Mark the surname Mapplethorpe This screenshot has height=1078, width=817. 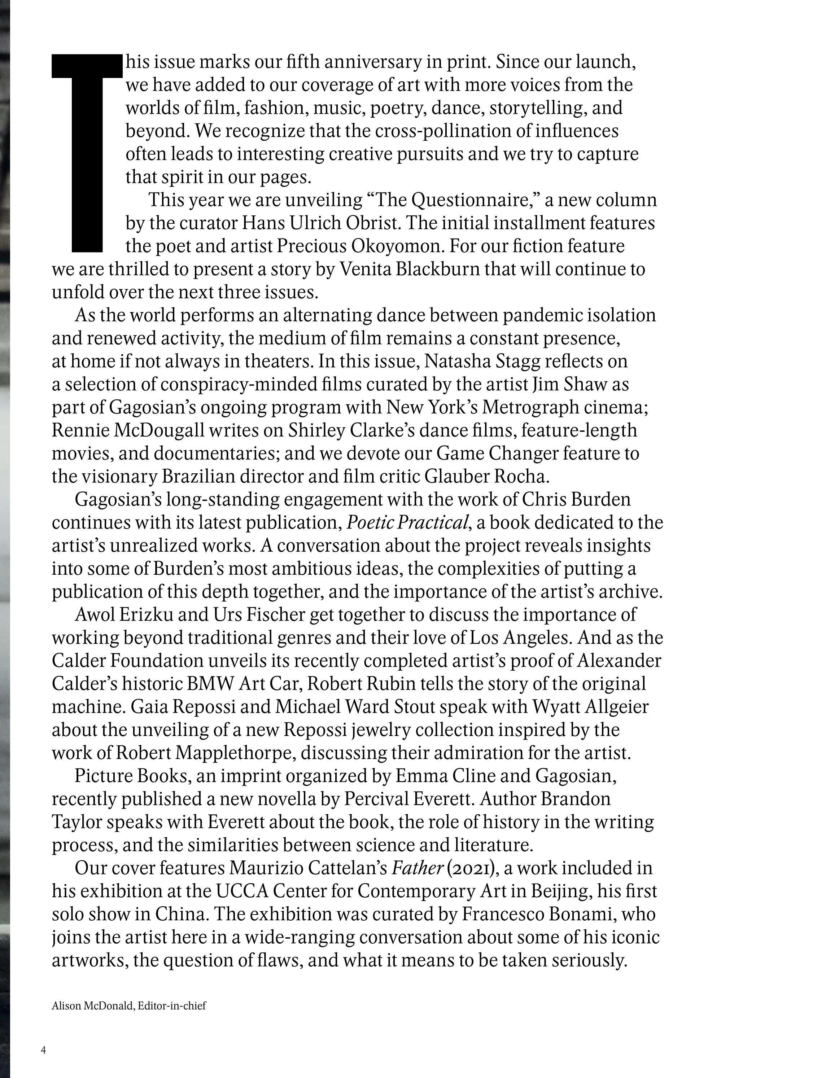click(235, 753)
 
